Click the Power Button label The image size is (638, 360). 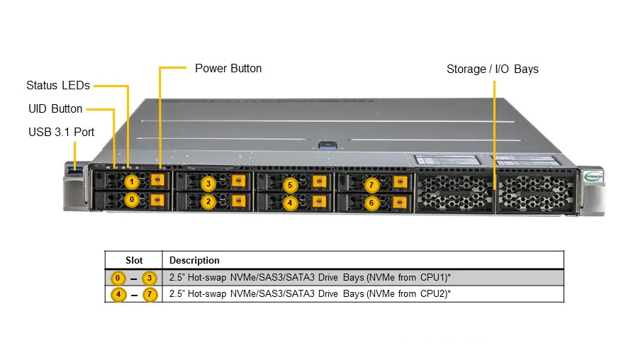pyautogui.click(x=228, y=69)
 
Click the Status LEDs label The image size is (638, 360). pyautogui.click(x=58, y=86)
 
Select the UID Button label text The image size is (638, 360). pyautogui.click(x=55, y=109)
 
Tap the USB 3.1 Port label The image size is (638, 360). pyautogui.click(x=61, y=132)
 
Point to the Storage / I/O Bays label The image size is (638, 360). pyautogui.click(x=492, y=69)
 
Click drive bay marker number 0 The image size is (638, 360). pyautogui.click(x=131, y=201)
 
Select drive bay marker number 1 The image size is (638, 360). pyautogui.click(x=131, y=182)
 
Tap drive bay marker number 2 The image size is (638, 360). pyautogui.click(x=208, y=202)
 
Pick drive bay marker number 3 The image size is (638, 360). pyautogui.click(x=208, y=184)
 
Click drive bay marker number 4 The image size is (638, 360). pyautogui.click(x=289, y=203)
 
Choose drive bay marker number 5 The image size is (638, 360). pyautogui.click(x=289, y=186)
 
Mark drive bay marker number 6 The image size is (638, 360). pyautogui.click(x=371, y=203)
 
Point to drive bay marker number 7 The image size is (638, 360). pyautogui.click(x=371, y=186)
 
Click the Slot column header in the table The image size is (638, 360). pyautogui.click(x=134, y=260)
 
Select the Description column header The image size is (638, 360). pyautogui.click(x=194, y=260)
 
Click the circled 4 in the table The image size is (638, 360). pyautogui.click(x=120, y=294)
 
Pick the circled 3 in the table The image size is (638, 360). pyautogui.click(x=149, y=278)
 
